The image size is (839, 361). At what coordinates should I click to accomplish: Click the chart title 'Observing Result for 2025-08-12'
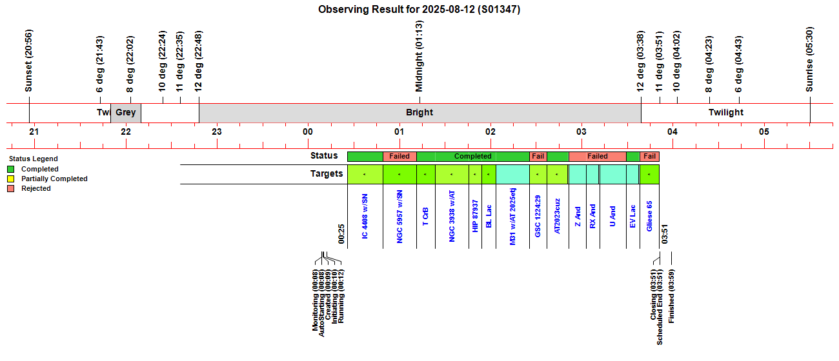pos(419,10)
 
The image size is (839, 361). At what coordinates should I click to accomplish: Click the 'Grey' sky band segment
pos(126,112)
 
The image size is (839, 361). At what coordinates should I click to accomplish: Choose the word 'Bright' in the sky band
pos(419,112)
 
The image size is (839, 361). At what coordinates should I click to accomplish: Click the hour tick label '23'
pos(217,132)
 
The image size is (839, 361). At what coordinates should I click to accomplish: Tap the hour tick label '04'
pos(672,132)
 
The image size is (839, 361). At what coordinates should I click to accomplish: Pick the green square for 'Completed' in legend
pos(11,170)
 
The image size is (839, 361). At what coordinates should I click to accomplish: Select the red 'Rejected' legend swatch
pos(11,189)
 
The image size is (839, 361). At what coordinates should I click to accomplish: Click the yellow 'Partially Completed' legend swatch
pos(11,179)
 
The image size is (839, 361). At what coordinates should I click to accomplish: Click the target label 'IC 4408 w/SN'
pos(365,217)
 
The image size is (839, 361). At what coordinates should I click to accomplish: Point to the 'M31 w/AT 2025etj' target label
pos(513,216)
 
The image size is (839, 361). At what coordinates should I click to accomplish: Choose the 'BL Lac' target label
pos(489,216)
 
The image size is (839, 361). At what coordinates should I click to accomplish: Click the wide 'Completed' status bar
pos(473,156)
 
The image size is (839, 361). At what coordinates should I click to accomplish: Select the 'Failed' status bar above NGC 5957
pos(399,156)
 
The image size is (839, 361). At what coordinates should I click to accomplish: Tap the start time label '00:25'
pos(341,235)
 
